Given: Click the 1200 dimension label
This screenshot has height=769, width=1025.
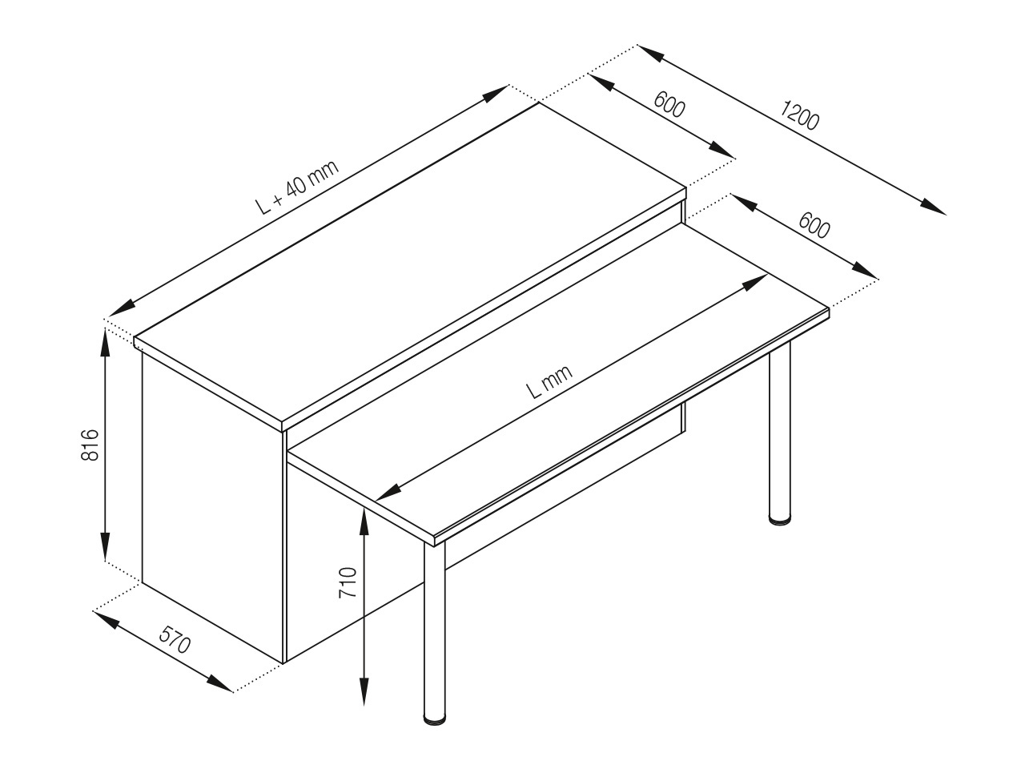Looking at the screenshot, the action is (799, 115).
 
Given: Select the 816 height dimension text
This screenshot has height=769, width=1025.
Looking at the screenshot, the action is (90, 445).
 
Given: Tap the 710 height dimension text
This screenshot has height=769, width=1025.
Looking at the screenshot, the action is (348, 582).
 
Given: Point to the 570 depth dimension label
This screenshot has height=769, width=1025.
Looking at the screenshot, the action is (175, 640).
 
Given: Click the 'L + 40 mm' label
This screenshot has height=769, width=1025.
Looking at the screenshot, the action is (297, 187).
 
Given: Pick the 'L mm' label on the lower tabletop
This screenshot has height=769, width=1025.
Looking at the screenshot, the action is (549, 381).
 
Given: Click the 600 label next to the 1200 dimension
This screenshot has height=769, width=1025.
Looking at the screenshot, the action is (669, 104).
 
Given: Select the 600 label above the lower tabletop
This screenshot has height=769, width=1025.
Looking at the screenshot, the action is (814, 225).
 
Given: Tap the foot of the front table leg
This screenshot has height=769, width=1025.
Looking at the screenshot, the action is (435, 719).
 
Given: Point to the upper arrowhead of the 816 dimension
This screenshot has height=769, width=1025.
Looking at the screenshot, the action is (106, 342).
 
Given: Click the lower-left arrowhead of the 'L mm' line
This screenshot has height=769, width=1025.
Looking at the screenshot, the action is (388, 493).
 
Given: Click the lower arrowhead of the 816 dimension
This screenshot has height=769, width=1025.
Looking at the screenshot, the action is (106, 546).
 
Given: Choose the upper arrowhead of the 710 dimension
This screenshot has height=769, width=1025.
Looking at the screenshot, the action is (364, 523).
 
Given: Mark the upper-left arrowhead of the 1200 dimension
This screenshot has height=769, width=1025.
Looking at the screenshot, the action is (650, 53).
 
